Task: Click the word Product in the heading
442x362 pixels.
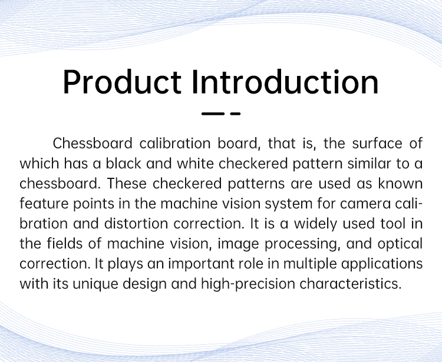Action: point(122,82)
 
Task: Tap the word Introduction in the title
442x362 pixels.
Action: point(285,82)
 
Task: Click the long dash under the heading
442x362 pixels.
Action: point(213,114)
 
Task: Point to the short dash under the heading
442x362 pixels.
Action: point(235,114)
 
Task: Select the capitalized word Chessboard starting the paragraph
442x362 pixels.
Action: point(93,143)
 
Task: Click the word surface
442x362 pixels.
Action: point(377,143)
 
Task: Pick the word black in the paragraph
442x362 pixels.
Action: point(123,163)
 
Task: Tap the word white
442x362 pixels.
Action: point(195,163)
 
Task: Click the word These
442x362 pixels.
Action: point(127,184)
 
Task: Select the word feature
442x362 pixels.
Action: point(44,203)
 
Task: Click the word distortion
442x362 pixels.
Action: point(136,224)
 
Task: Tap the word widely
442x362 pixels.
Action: point(315,224)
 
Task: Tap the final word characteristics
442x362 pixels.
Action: point(351,284)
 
